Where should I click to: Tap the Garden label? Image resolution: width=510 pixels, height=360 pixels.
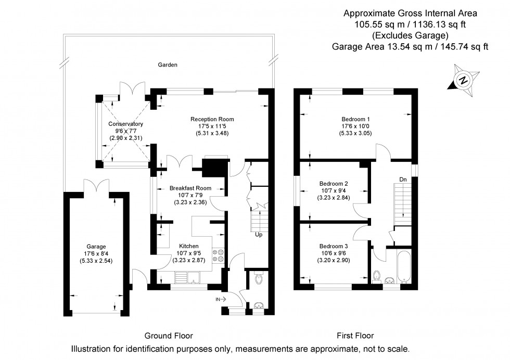[x=168, y=65]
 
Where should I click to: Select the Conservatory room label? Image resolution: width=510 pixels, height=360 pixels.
[x=125, y=124]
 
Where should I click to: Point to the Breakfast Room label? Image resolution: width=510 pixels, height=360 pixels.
[x=190, y=188]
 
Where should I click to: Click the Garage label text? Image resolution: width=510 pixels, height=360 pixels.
[x=96, y=247]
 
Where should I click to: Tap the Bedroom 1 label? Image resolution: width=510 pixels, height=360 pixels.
[x=355, y=119]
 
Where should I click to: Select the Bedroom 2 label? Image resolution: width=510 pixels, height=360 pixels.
[x=334, y=184]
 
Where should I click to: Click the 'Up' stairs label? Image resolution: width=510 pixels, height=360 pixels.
[x=258, y=235]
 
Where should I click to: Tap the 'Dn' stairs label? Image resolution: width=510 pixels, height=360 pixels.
[x=403, y=179]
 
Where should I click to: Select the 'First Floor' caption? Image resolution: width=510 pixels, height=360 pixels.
[x=356, y=336]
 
